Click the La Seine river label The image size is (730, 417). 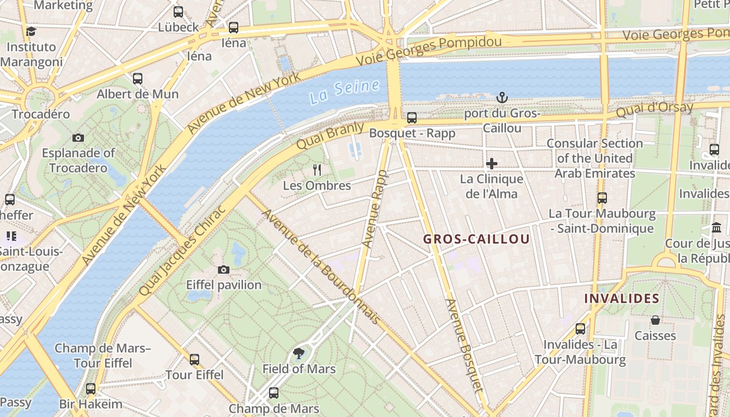[344, 92]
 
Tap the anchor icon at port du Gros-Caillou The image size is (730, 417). [502, 97]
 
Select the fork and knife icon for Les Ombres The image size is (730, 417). [317, 169]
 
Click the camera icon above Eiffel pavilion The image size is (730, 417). [224, 269]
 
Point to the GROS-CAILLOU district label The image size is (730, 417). [476, 239]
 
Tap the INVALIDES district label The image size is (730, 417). [622, 299]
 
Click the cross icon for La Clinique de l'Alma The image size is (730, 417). [491, 164]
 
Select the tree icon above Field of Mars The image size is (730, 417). [299, 354]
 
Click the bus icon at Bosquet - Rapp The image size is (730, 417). [412, 118]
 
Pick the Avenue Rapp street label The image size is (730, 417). [375, 208]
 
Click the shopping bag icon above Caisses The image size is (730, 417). [655, 320]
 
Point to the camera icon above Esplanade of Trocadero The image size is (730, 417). [78, 138]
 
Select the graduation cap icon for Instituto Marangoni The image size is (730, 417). [31, 31]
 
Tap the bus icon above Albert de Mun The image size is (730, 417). [138, 79]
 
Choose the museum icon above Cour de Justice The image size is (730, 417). [716, 228]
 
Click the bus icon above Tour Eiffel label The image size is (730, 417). [194, 359]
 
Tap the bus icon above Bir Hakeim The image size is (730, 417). [91, 389]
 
